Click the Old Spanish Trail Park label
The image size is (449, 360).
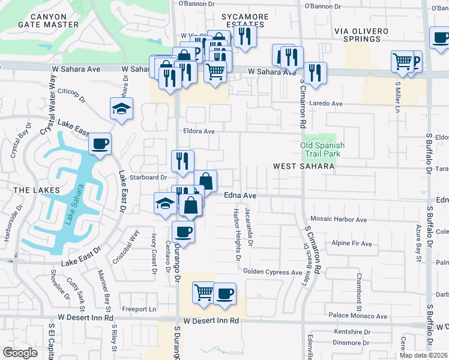point(322,149)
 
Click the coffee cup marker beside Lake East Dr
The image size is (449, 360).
point(100,145)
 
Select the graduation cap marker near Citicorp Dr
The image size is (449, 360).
point(121,109)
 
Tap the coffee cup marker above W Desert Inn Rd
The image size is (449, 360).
point(224,294)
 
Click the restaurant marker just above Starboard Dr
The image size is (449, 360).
point(182,161)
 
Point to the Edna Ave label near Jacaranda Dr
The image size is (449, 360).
point(240,196)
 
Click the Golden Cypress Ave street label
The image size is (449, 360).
point(273,272)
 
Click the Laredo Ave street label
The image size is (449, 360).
point(325,104)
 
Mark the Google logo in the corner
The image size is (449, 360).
point(20,352)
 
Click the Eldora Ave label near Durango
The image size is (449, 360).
point(199,131)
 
